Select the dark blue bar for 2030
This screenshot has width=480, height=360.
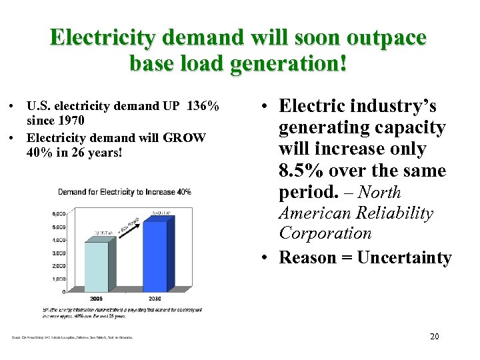click(x=155, y=256)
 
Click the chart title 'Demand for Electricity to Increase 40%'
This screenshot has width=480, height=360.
click(x=125, y=192)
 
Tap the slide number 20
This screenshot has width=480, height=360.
click(x=434, y=337)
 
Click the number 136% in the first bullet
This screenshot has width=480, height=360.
click(x=203, y=107)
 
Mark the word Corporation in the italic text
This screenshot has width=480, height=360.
click(x=325, y=233)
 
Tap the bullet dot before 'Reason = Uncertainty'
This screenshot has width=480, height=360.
click(x=266, y=258)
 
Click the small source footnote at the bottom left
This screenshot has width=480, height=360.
click(x=72, y=337)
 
